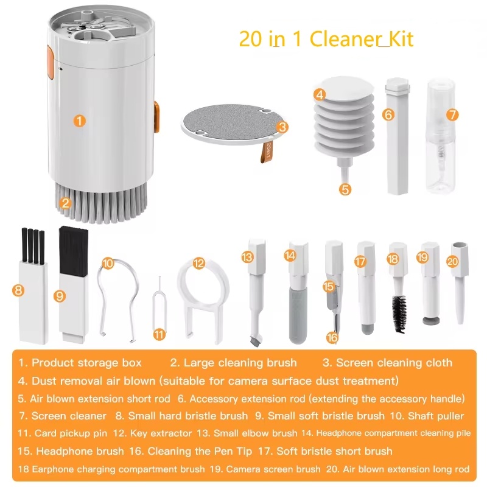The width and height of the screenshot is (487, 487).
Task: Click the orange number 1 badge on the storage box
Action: (x=80, y=121)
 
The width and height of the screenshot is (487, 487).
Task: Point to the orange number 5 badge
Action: (x=345, y=189)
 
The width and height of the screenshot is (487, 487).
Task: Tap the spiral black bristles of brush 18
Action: (x=399, y=313)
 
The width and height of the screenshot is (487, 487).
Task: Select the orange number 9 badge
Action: (x=59, y=296)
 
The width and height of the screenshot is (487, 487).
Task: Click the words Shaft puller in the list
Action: (x=435, y=416)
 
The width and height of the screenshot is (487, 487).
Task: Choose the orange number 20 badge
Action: (x=452, y=261)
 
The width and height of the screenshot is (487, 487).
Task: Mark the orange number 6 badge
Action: (x=389, y=114)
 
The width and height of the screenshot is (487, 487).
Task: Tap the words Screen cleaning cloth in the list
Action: (x=394, y=363)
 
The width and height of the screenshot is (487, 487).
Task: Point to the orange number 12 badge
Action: (x=198, y=264)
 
